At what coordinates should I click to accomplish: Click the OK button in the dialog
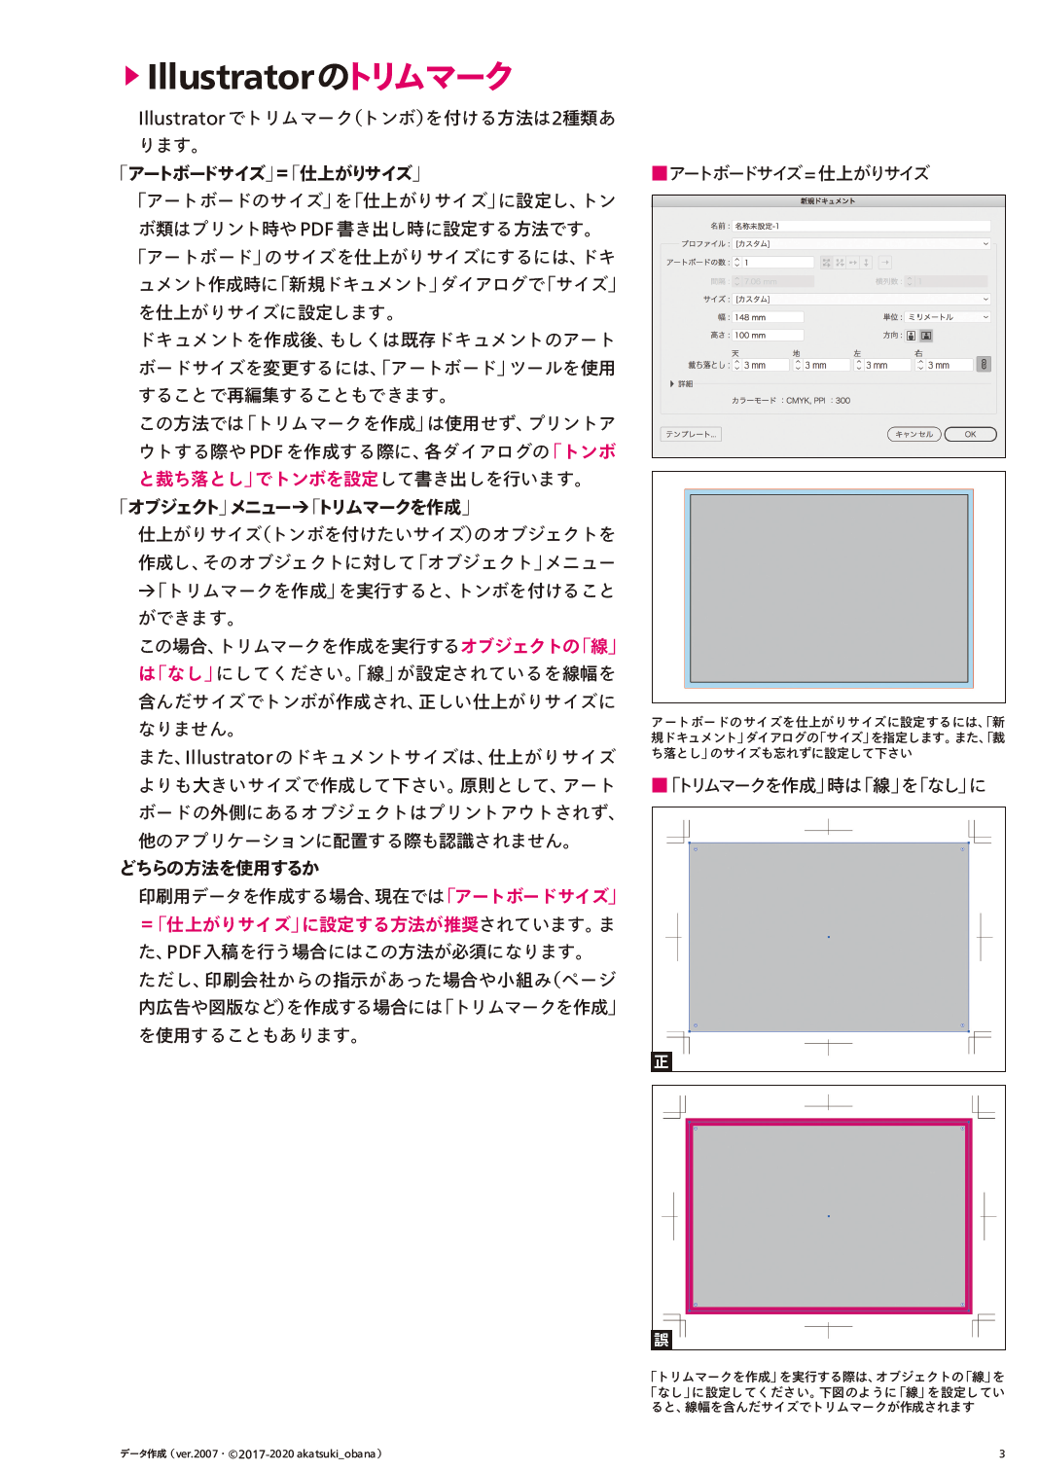[970, 434]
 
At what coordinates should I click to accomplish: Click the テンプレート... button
[691, 434]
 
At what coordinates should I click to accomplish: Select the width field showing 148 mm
[768, 317]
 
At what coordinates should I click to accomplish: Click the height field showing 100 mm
[768, 336]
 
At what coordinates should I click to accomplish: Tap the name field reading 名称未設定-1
[860, 226]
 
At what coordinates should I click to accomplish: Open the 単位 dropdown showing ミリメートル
[948, 317]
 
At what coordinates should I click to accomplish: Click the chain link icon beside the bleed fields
[984, 364]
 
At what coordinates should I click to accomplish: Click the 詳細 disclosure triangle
[672, 383]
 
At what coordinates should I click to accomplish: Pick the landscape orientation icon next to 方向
[926, 336]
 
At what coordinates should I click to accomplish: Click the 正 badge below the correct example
[662, 1061]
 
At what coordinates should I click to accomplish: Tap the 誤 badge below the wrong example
[662, 1340]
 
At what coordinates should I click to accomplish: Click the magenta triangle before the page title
[132, 76]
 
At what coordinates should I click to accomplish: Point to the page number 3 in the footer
[1002, 1453]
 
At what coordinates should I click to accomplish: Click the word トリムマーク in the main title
[430, 76]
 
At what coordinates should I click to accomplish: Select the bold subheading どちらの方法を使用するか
[220, 868]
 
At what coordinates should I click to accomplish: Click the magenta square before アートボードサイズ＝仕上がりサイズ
[660, 173]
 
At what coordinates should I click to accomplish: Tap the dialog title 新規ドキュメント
[828, 201]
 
